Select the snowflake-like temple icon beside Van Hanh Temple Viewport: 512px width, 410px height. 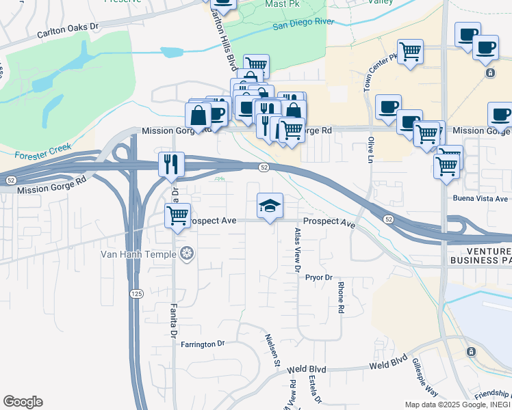click(x=186, y=255)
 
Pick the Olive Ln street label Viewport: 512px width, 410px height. click(x=372, y=148)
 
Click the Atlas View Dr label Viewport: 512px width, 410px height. click(x=297, y=251)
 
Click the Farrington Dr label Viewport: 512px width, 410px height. click(x=203, y=344)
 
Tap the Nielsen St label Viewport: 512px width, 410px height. click(x=272, y=350)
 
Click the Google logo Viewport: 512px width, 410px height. click(x=23, y=402)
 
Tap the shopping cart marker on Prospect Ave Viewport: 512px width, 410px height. click(x=177, y=216)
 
